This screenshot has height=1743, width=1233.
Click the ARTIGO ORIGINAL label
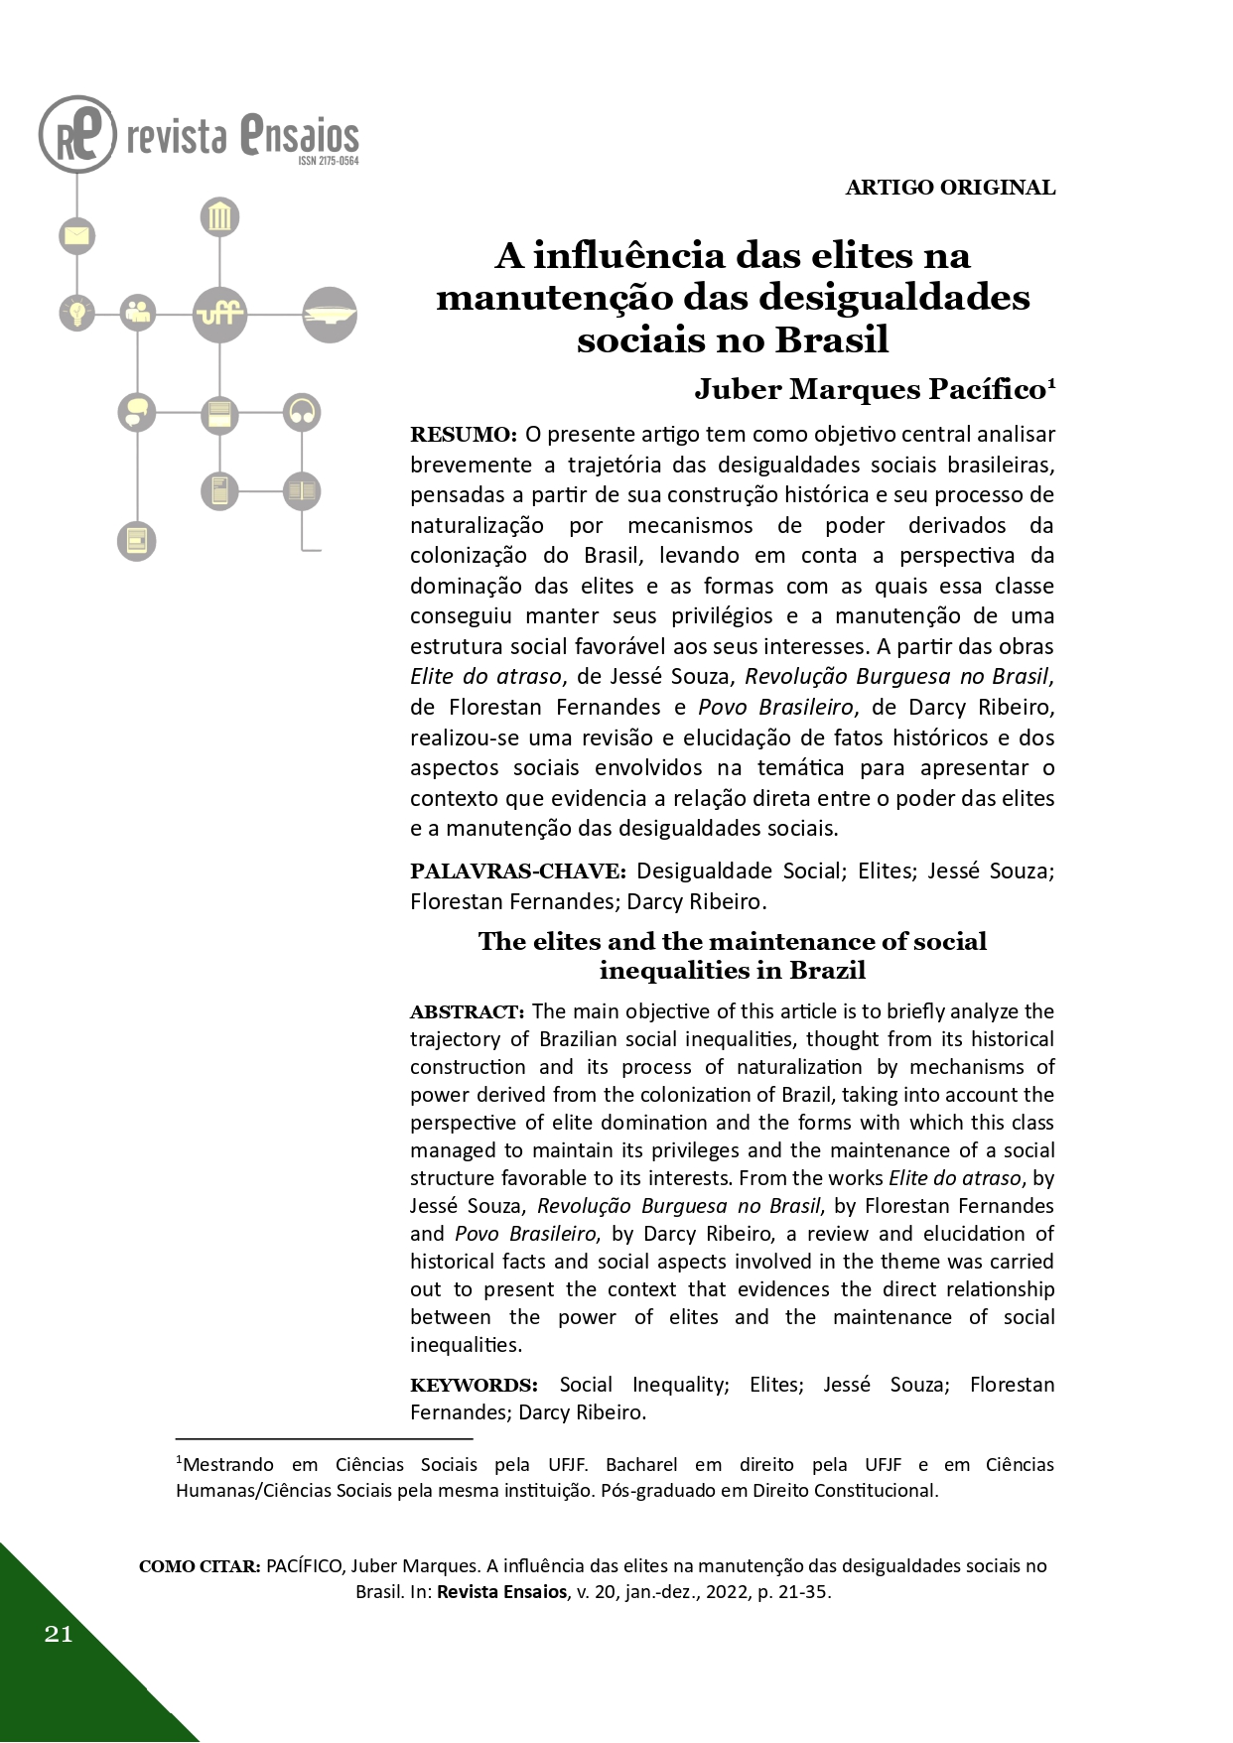click(950, 188)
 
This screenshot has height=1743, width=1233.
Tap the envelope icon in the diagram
click(76, 235)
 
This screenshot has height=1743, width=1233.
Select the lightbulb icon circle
click(76, 313)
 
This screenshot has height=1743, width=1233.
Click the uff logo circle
click(219, 314)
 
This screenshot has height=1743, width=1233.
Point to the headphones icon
click(301, 412)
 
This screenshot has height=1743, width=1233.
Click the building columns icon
click(219, 216)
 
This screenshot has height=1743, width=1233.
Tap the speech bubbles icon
click(137, 412)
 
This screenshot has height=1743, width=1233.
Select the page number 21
click(59, 1634)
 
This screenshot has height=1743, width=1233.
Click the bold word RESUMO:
click(464, 435)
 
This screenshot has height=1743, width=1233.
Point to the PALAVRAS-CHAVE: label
click(518, 871)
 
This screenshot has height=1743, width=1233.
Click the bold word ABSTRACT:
click(467, 1012)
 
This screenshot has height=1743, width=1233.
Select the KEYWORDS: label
click(474, 1385)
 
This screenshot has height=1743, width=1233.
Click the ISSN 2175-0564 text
click(328, 161)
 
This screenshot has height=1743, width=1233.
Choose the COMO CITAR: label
click(200, 1566)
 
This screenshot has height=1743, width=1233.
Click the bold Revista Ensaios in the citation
click(500, 1592)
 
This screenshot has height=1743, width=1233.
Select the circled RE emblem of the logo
click(77, 135)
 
